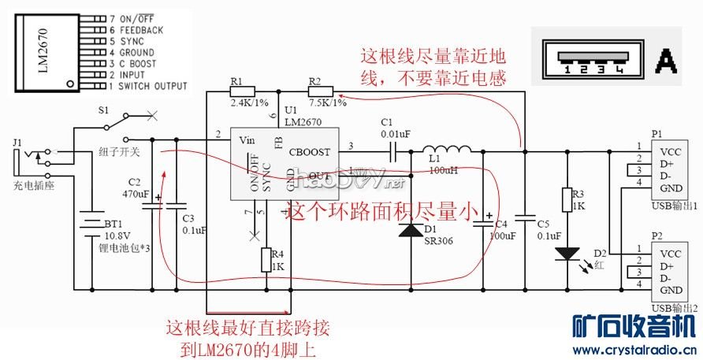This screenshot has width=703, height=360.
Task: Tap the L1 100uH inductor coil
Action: [447, 150]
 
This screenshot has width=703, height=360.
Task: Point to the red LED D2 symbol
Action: [566, 254]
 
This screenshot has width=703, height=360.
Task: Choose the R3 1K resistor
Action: [566, 200]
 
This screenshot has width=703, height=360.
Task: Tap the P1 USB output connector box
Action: [673, 170]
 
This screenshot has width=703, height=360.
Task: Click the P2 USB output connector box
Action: [673, 272]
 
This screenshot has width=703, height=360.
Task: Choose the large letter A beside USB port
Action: [666, 59]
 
